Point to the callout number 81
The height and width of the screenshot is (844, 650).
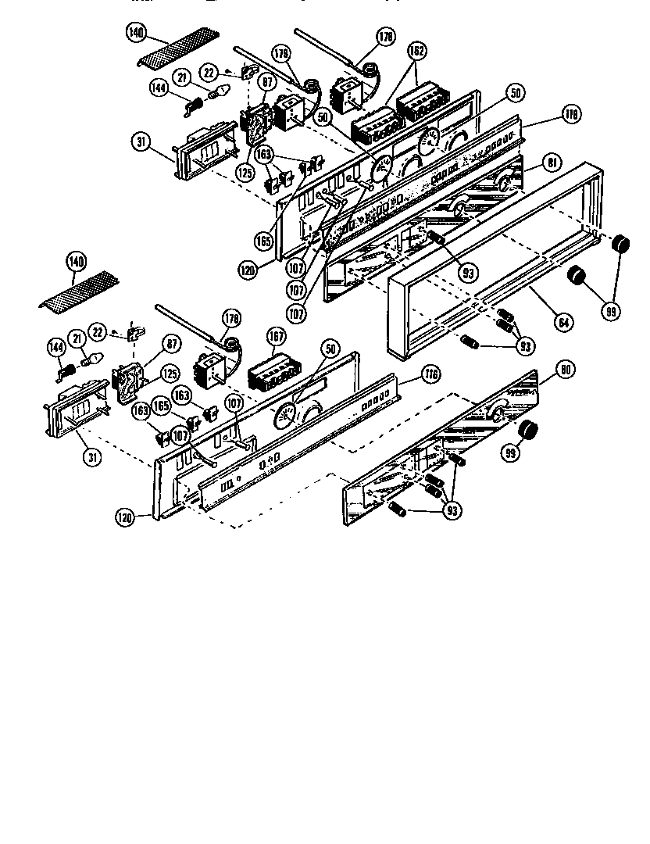pos(552,163)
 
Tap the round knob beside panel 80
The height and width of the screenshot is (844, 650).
pos(530,429)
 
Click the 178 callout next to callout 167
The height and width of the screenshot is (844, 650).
pos(230,318)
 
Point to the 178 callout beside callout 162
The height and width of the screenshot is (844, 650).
pos(385,36)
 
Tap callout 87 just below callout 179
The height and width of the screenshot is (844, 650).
pos(267,80)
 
